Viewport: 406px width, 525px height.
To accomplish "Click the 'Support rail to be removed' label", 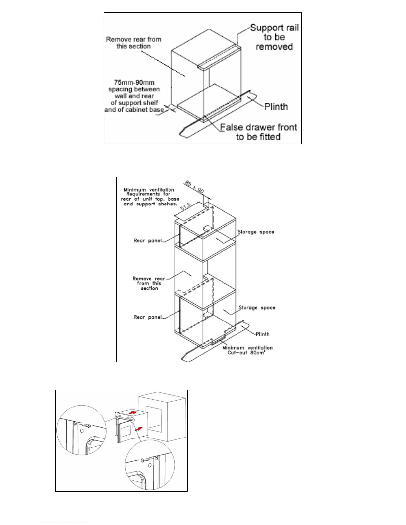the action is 274,37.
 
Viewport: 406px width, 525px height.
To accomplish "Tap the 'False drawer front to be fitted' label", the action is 258,132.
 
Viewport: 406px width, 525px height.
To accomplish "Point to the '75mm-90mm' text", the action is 134,82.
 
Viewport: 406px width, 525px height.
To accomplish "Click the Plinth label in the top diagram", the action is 276,107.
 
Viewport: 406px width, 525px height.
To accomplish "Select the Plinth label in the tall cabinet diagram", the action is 263,334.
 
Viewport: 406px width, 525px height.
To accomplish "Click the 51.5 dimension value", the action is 186,207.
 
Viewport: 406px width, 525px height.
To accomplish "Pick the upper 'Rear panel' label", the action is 148,241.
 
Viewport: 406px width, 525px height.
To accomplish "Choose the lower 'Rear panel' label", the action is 148,317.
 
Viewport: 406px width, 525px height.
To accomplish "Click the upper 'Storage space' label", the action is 256,232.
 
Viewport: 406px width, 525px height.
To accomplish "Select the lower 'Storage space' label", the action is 257,308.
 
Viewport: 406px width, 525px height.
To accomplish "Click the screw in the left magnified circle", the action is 87,425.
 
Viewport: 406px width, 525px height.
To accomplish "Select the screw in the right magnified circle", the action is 146,460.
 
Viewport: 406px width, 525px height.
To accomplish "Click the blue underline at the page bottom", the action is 66,522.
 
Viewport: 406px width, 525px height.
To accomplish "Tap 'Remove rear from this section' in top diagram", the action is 134,43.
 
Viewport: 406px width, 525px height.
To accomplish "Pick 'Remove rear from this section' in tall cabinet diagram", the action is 149,283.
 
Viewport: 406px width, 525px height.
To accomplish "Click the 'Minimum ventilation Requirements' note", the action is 150,197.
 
